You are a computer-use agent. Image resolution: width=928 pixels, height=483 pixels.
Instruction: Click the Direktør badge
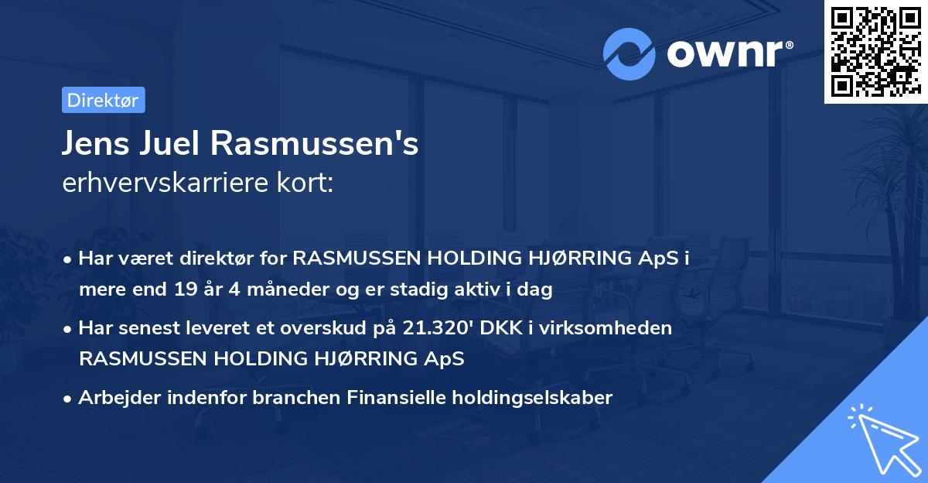tap(103, 100)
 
